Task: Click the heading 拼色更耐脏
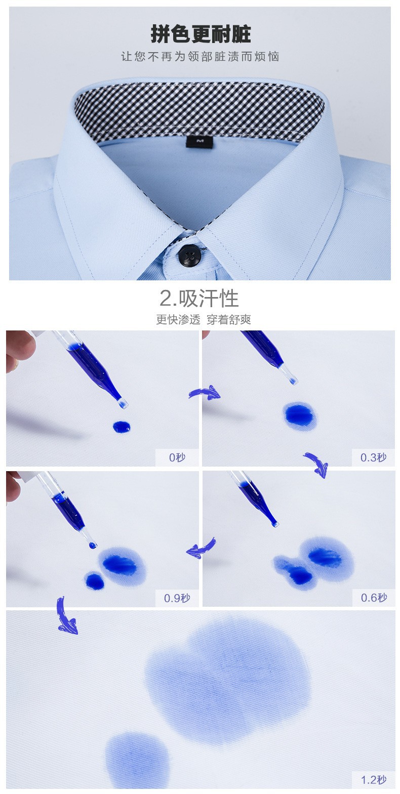[201, 34]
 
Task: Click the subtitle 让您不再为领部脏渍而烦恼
[200, 56]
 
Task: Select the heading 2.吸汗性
[199, 299]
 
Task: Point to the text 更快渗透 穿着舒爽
[203, 319]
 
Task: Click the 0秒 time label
[177, 457]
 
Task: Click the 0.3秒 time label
[373, 457]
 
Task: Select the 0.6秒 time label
[373, 598]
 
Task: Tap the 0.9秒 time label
[177, 598]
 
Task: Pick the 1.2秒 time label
[373, 780]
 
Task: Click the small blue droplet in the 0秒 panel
[122, 427]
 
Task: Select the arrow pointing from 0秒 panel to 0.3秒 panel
[205, 392]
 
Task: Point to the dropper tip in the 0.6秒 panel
[275, 524]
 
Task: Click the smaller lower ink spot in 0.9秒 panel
[95, 581]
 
